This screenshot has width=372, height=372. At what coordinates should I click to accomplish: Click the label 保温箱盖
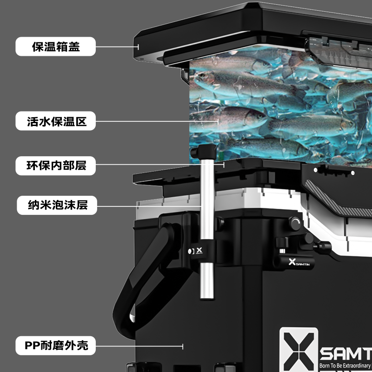56,46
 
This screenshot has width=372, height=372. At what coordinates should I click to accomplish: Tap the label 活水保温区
57,122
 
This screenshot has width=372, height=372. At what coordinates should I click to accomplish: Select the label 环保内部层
57,165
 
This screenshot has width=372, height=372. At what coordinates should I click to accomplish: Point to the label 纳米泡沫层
57,205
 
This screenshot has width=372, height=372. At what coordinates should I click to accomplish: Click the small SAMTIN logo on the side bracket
298,263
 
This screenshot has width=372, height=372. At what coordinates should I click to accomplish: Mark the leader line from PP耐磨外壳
139,345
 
